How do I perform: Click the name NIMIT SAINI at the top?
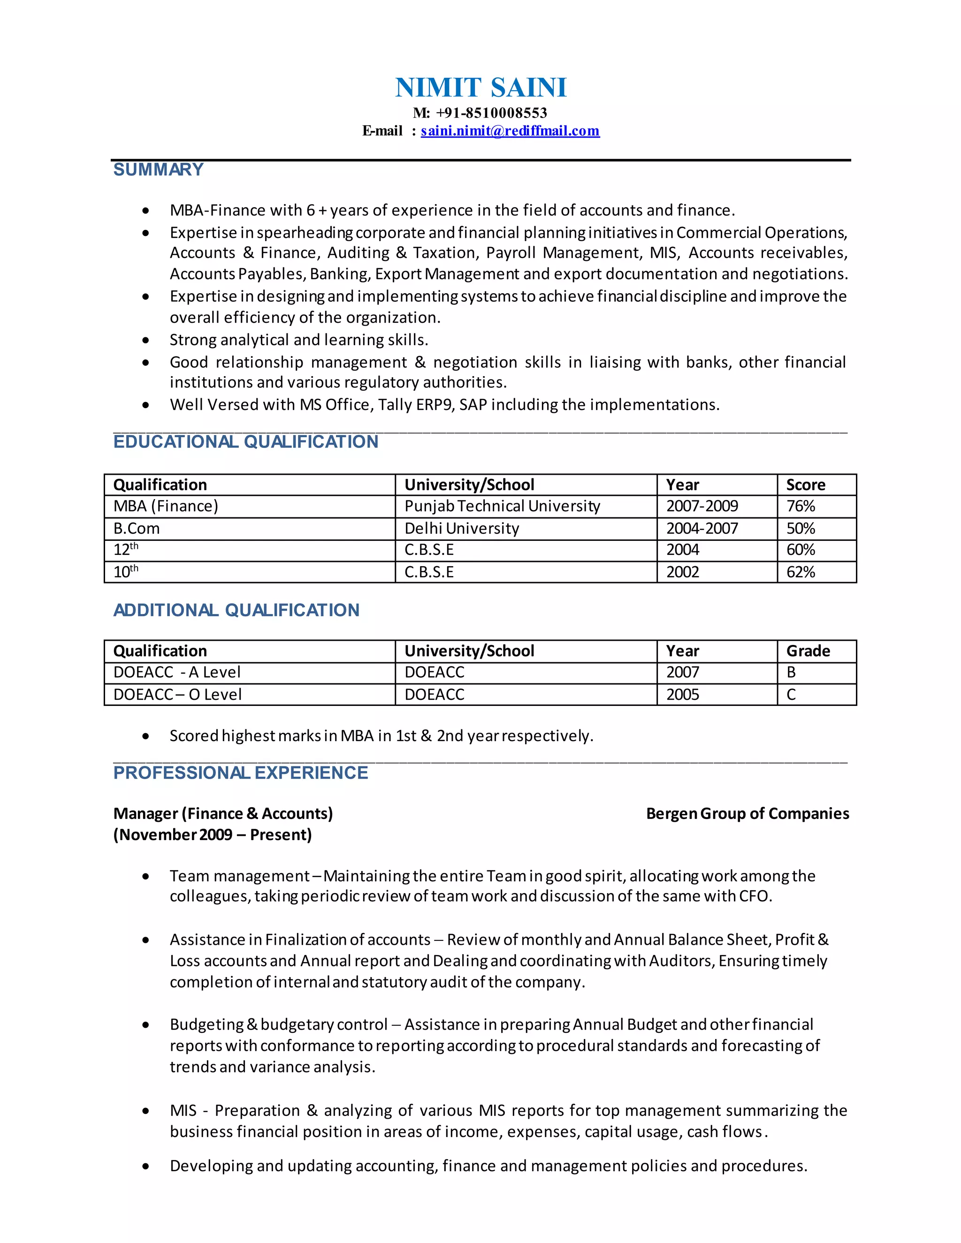[480, 88]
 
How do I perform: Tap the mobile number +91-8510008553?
[491, 113]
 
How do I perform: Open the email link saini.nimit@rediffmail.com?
[510, 131]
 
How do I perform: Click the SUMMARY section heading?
[158, 170]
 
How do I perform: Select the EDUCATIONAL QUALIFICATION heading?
[245, 442]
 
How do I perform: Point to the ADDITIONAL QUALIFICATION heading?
[236, 610]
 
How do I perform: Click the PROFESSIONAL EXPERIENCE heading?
[240, 773]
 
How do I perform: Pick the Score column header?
[805, 485]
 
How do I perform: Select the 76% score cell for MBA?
[801, 506]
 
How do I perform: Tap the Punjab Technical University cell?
[502, 506]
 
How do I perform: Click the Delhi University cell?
[462, 528]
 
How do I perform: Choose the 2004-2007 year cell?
[702, 528]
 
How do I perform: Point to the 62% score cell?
[801, 572]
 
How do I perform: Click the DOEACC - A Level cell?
[176, 672]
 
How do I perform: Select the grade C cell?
[791, 694]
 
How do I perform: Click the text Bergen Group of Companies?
[747, 814]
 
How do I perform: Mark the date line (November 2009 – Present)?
[213, 835]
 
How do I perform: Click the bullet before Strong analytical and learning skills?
[146, 341]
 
